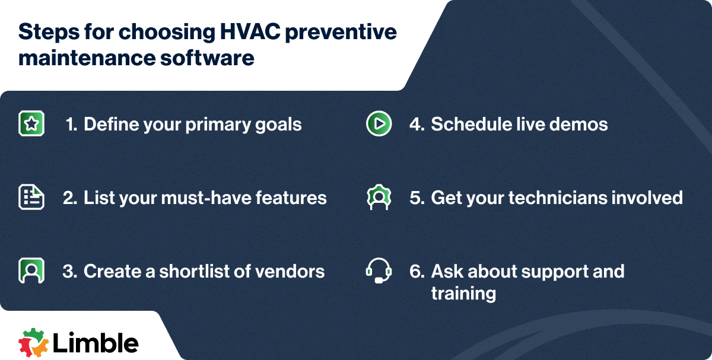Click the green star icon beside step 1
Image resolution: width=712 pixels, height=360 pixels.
coord(31,123)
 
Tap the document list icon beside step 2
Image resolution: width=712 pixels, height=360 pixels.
coord(31,197)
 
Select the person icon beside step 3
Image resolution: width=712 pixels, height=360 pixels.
coord(31,270)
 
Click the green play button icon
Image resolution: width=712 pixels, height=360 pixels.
coord(379,123)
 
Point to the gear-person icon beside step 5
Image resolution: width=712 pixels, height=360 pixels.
coord(379,197)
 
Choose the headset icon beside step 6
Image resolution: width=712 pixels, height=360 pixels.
coord(379,270)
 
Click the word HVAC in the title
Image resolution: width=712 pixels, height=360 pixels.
coord(250,32)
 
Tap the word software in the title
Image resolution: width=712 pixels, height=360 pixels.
coord(207,58)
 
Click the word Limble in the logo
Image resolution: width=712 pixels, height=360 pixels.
coord(96,343)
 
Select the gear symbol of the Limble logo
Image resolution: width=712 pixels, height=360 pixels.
coord(33,343)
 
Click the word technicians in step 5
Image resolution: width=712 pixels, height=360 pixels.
coord(554,197)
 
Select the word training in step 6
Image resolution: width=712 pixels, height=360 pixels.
coord(463,294)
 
